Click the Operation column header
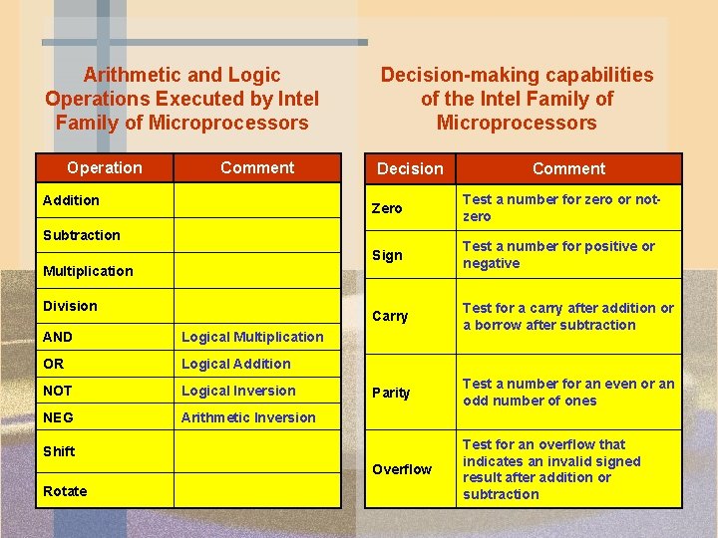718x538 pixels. tap(105, 167)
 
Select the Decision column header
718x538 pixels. tap(410, 168)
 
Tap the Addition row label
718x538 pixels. tap(71, 200)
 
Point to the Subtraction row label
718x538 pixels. tap(81, 235)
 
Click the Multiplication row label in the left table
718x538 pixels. tap(88, 271)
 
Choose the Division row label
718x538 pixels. tap(70, 306)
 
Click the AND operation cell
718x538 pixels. tap(58, 337)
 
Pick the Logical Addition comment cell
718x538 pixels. tap(236, 364)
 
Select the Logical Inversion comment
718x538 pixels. tap(238, 391)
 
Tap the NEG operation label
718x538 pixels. tap(59, 417)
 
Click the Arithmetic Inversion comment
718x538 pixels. tap(248, 417)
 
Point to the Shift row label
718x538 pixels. tap(59, 451)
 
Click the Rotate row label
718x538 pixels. tap(65, 491)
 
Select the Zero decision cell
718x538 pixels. tap(387, 208)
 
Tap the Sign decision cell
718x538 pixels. tap(387, 255)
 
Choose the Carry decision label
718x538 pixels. tap(390, 317)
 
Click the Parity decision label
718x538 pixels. tap(391, 393)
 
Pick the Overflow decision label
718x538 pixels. tap(402, 469)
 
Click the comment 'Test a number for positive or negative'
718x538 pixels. tap(558, 255)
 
